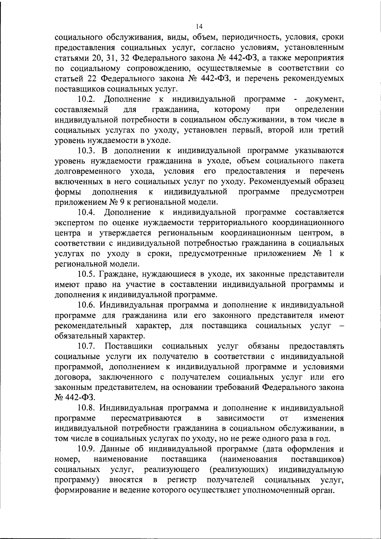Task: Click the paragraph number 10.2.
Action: [87, 99]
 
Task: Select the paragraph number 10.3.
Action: [87, 150]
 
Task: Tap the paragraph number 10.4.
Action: [87, 212]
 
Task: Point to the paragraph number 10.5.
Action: [87, 274]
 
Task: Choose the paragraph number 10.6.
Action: [87, 305]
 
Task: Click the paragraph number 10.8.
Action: [87, 408]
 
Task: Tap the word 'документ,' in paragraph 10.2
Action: [324, 99]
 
